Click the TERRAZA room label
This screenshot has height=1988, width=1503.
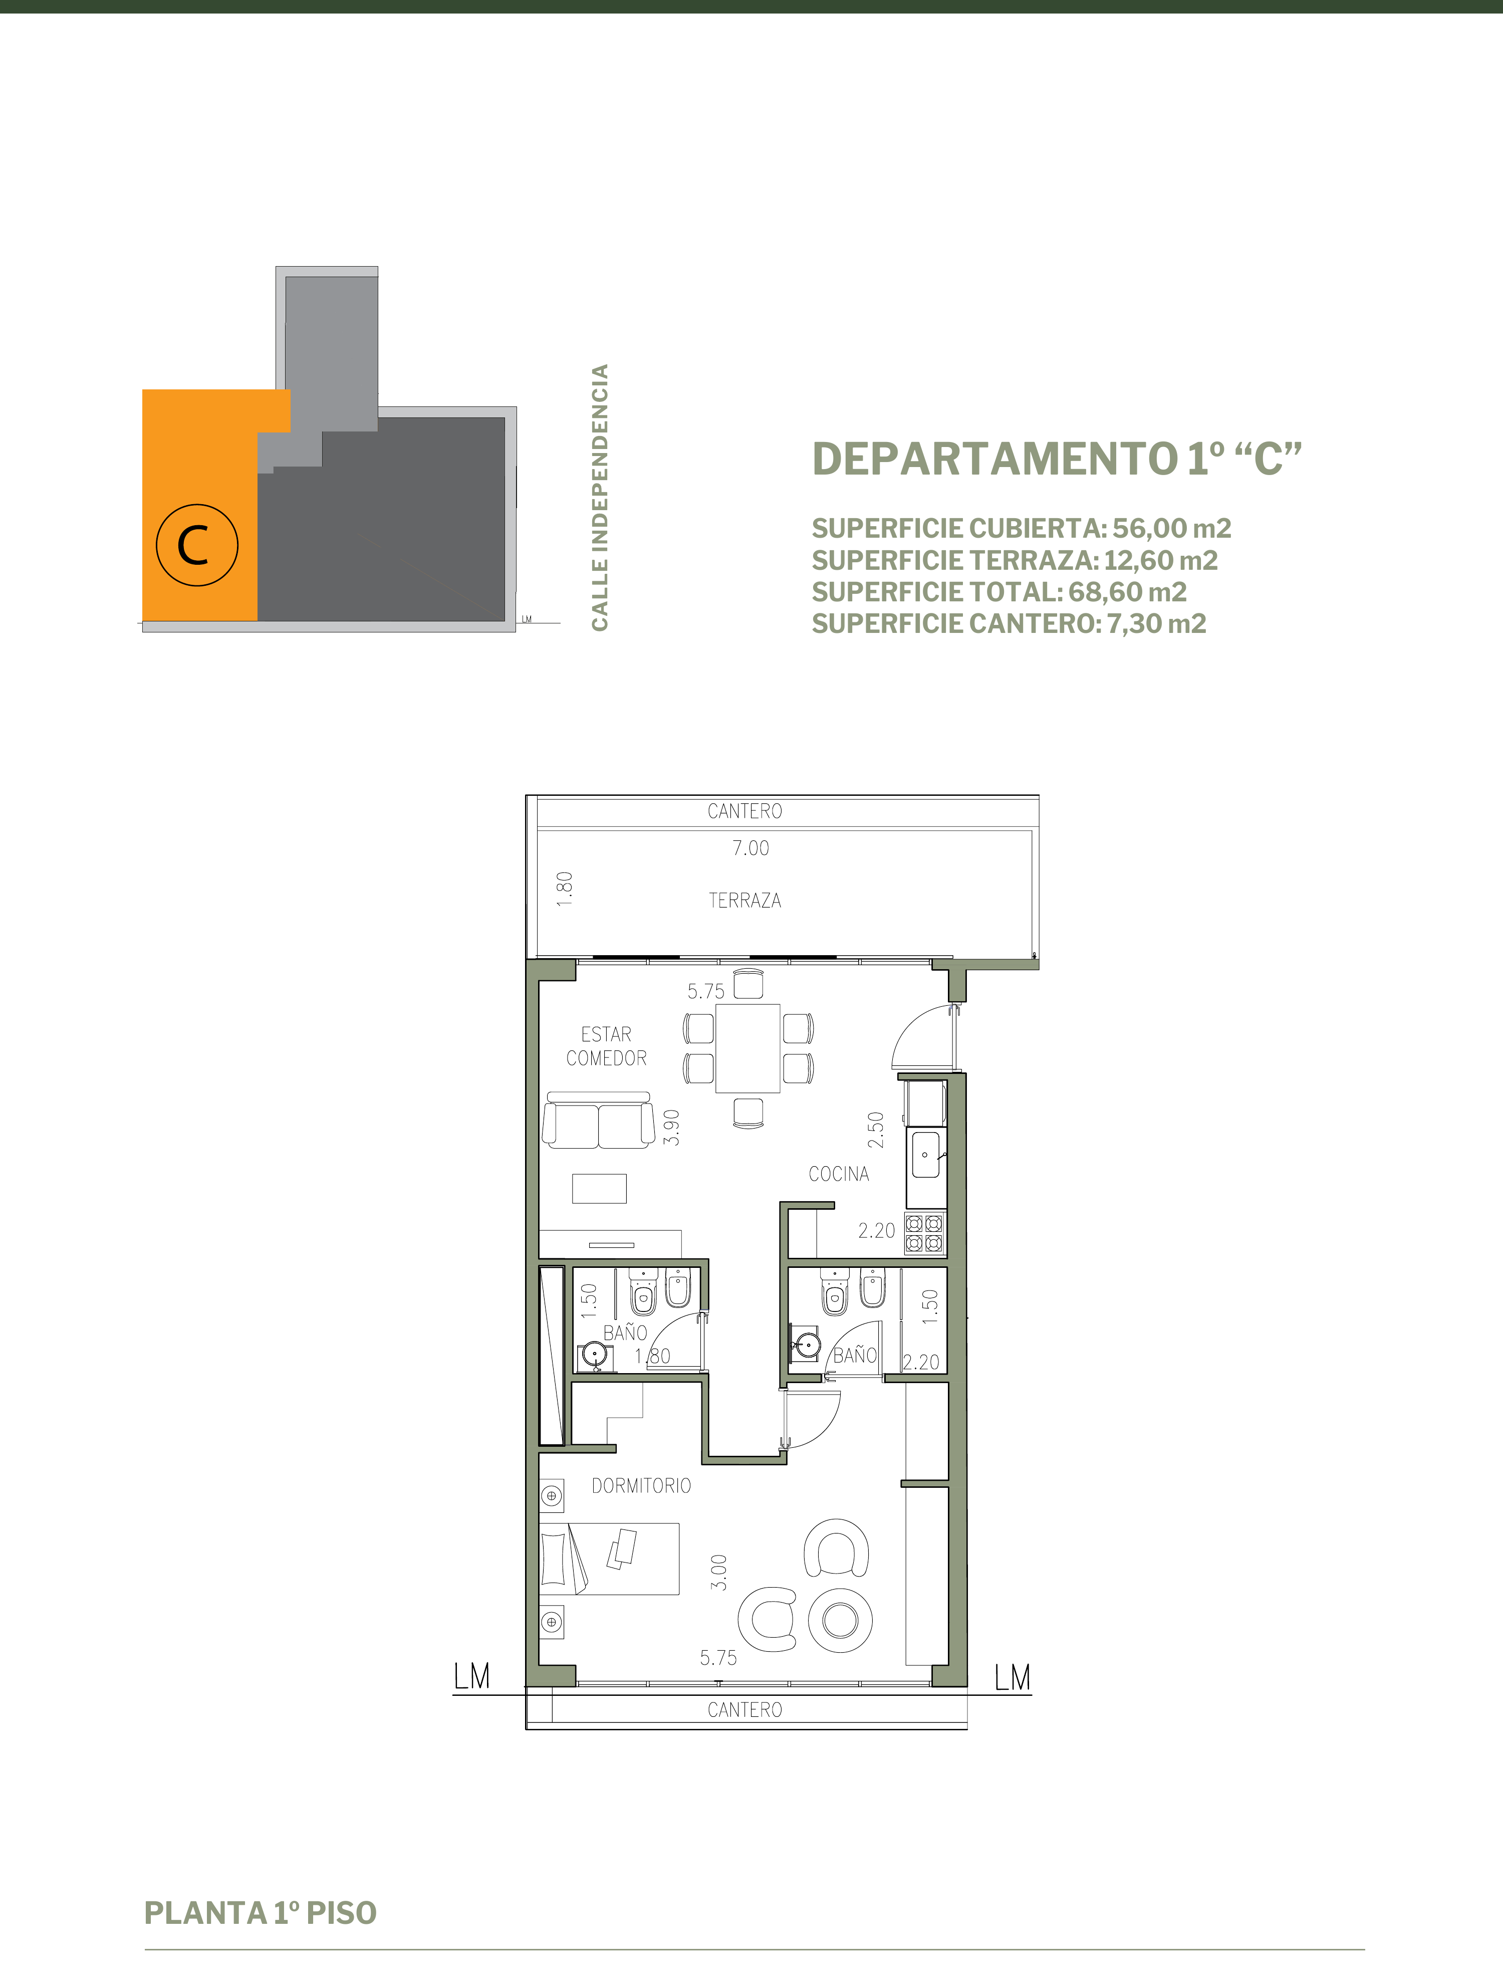coord(745,901)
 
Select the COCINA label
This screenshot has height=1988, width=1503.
coord(838,1174)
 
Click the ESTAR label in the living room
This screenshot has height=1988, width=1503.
coord(606,1034)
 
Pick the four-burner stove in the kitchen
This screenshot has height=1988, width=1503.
coord(924,1233)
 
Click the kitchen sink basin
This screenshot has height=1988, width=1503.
coord(925,1155)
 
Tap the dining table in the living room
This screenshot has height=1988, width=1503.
coord(747,1048)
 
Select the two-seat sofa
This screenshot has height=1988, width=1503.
coord(598,1121)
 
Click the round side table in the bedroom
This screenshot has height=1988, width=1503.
coord(840,1620)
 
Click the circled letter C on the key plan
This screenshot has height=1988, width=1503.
coord(197,545)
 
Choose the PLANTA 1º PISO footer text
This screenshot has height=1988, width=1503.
coord(261,1912)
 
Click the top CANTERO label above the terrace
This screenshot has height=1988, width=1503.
coord(745,811)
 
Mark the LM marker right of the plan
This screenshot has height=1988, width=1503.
coord(1013,1677)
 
